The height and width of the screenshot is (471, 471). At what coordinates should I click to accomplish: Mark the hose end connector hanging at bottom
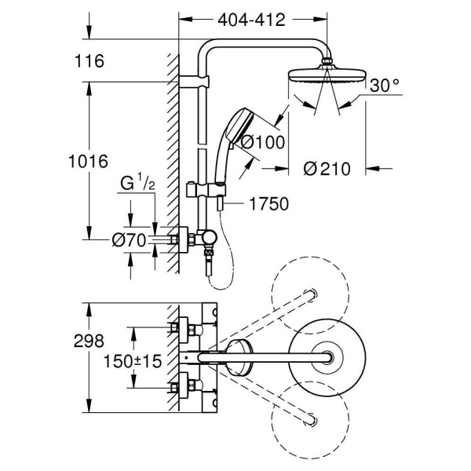pyautogui.click(x=208, y=268)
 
